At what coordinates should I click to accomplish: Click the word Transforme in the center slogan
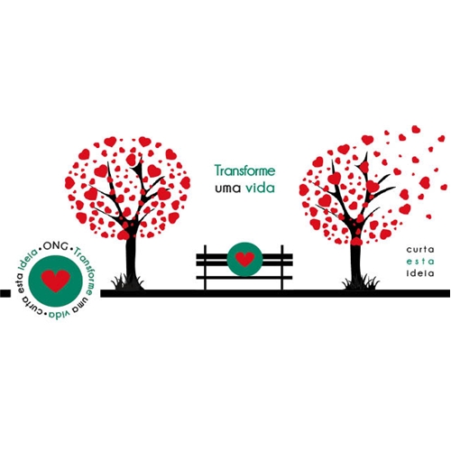(244, 170)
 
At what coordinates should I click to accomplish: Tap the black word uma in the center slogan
(228, 189)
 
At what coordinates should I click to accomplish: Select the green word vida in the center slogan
(261, 188)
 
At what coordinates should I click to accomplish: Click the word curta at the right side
(420, 249)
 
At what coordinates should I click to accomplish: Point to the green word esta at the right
(420, 262)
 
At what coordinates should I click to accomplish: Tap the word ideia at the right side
(420, 273)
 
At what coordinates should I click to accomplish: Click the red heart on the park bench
(244, 259)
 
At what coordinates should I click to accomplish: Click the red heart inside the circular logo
(56, 281)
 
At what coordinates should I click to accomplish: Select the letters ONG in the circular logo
(55, 245)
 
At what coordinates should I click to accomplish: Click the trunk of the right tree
(356, 263)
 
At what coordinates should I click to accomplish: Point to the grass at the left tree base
(128, 282)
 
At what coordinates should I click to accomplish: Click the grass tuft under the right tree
(360, 282)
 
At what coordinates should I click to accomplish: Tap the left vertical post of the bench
(205, 268)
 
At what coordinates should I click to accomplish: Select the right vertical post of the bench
(282, 268)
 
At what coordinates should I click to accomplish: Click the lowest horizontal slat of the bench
(244, 278)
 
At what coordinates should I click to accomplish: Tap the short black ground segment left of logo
(5, 293)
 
